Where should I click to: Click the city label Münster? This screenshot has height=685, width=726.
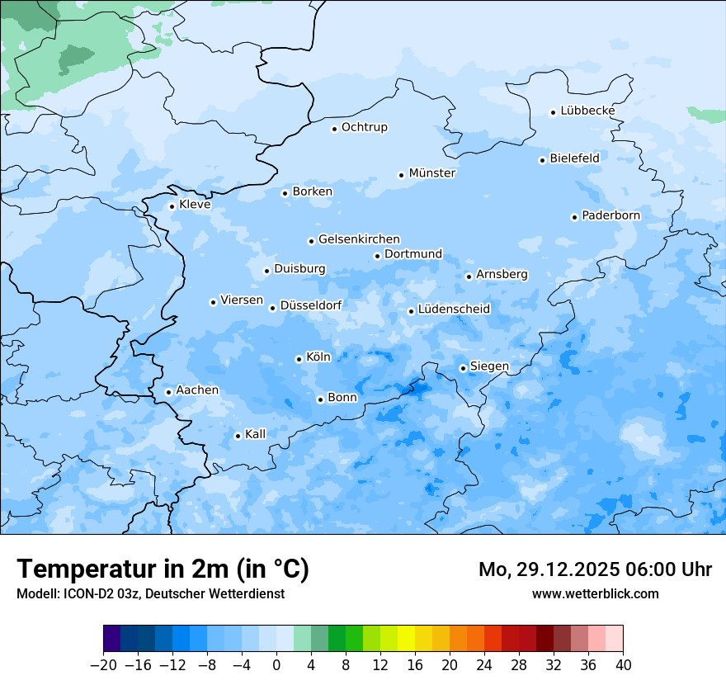point(432,173)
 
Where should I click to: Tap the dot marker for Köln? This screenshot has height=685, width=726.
point(299,359)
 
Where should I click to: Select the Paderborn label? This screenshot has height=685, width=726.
point(610,215)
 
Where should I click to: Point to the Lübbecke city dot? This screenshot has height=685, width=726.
point(553,112)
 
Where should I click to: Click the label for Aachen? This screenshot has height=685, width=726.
point(197,390)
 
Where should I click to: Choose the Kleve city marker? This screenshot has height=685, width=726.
point(172,206)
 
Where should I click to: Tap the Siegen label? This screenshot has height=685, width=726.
point(489,366)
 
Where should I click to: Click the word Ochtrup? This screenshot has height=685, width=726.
point(364,127)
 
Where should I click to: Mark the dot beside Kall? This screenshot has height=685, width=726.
point(238,436)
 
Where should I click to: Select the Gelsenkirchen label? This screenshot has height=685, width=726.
point(359,239)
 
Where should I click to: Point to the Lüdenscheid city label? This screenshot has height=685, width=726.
point(454,309)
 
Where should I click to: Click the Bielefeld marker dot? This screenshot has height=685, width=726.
point(542,160)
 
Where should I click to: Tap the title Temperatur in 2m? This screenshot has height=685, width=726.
point(163,569)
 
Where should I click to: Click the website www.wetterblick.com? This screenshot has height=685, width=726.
point(595,593)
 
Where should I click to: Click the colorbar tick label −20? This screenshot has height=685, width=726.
point(103,665)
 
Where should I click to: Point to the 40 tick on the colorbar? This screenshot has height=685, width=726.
point(623,665)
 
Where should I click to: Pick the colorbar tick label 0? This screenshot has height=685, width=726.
point(276,665)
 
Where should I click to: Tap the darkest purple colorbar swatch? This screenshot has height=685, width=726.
point(111,639)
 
